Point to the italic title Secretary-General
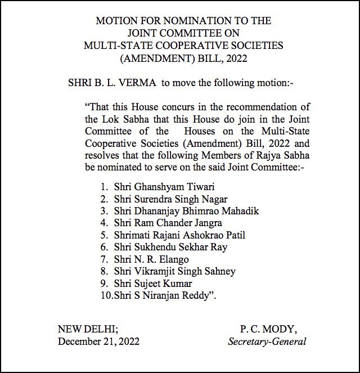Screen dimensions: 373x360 [268, 341]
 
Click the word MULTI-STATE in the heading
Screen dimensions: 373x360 [115, 44]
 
